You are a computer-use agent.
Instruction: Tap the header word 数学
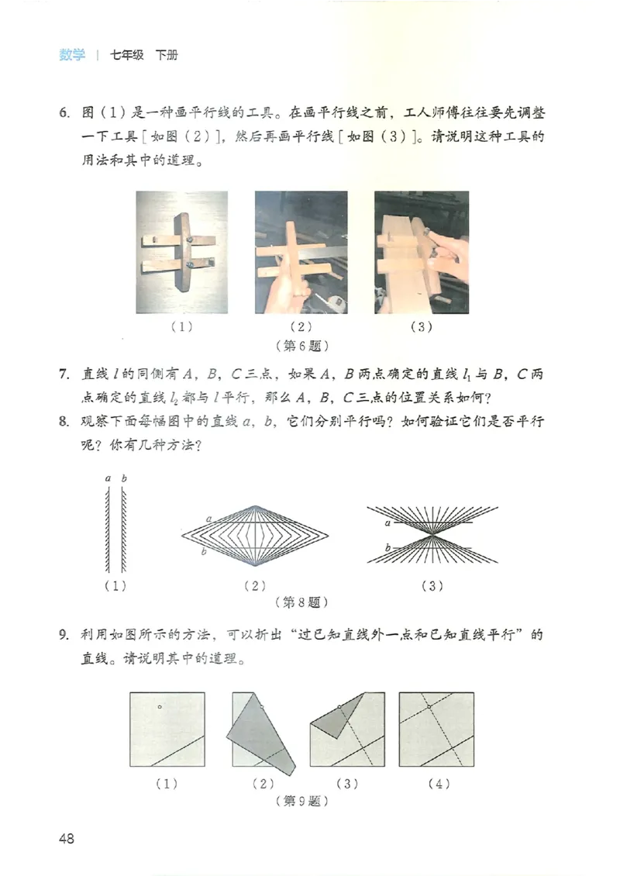[x=72, y=55]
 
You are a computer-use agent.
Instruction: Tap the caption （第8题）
[x=301, y=602]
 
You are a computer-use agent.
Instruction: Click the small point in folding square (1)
[x=159, y=706]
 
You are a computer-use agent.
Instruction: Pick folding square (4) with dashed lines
[x=436, y=729]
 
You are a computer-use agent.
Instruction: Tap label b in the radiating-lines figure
[x=386, y=548]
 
